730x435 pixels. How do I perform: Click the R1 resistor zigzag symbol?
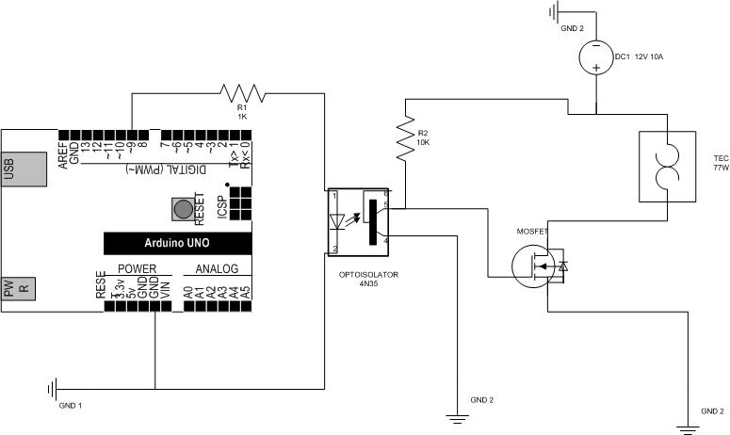click(243, 92)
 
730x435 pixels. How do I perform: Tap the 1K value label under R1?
click(242, 116)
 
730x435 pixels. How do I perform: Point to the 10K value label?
click(423, 143)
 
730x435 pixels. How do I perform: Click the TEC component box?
click(666, 167)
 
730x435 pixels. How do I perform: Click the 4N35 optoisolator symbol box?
click(359, 220)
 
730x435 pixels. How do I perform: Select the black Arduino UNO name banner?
click(177, 243)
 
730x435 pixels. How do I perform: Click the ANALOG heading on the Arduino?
click(217, 269)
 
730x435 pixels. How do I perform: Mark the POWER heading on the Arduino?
click(138, 269)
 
